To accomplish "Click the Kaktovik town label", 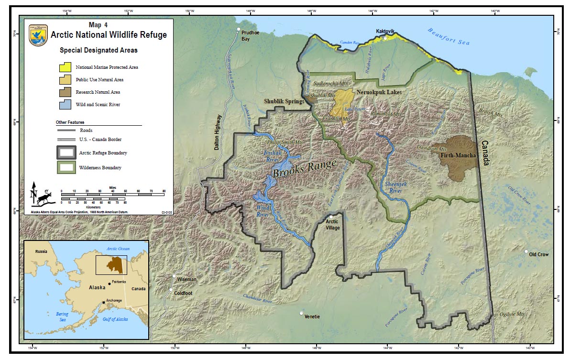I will pyautogui.click(x=385, y=32).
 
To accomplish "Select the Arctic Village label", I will pyautogui.click(x=332, y=225).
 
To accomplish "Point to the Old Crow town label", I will pyautogui.click(x=539, y=254).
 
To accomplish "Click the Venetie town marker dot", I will pyautogui.click(x=301, y=313).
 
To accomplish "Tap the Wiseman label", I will pyautogui.click(x=186, y=279).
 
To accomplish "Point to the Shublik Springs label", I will pyautogui.click(x=284, y=101).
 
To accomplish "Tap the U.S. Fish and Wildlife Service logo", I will pyautogui.click(x=38, y=35).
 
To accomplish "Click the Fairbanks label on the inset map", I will pyautogui.click(x=119, y=282).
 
